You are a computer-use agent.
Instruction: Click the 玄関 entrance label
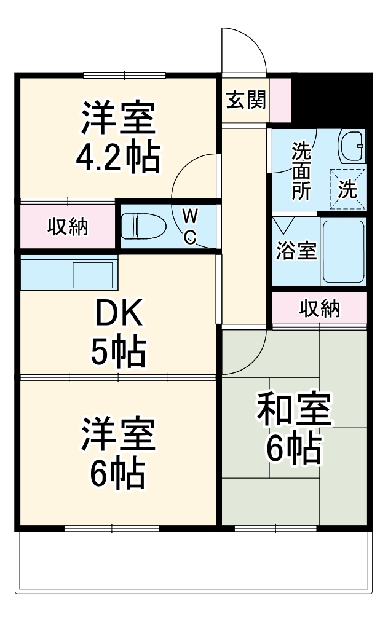(x=246, y=100)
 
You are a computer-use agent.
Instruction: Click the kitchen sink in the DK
(x=93, y=275)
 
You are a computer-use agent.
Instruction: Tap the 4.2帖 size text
(x=117, y=157)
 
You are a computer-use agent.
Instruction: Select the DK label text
(x=119, y=315)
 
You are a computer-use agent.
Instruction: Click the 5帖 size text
(x=118, y=351)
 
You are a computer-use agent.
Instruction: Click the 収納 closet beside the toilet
(x=68, y=227)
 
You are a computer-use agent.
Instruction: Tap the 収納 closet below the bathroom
(x=320, y=308)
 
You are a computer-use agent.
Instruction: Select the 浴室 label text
(x=296, y=251)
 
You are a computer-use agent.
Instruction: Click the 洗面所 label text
(x=301, y=170)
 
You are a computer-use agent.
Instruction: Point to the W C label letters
(x=191, y=226)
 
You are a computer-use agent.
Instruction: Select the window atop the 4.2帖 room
(x=124, y=76)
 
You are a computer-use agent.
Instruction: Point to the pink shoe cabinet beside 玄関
(x=280, y=100)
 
